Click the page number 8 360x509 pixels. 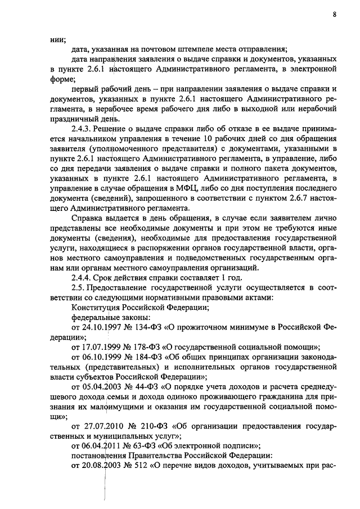tap(334, 15)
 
